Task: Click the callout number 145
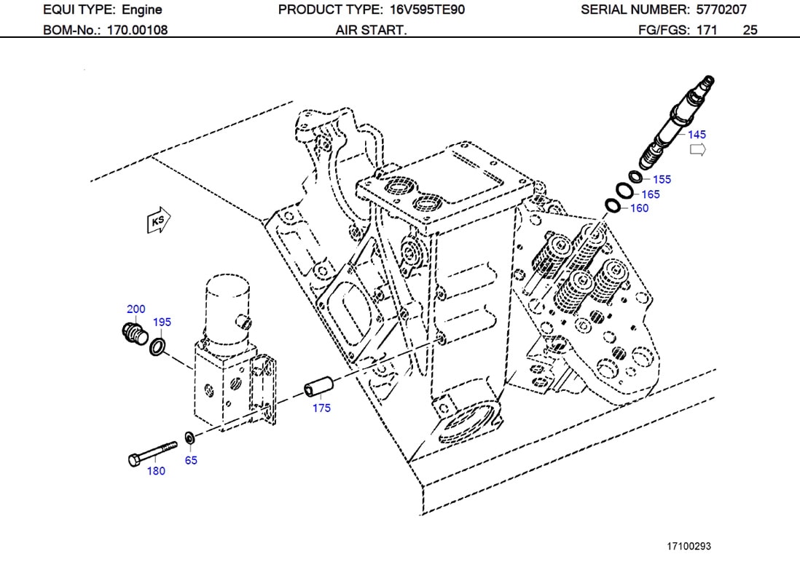(x=697, y=135)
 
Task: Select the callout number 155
(x=662, y=180)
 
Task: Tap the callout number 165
(x=650, y=194)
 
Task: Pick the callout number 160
(x=638, y=208)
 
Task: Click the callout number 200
(x=136, y=309)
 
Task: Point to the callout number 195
(x=162, y=322)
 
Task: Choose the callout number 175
(x=321, y=408)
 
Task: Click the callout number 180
(x=156, y=471)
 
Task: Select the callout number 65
(x=190, y=460)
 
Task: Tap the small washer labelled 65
(x=189, y=438)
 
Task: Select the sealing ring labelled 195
(x=157, y=346)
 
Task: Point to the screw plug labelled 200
(x=131, y=333)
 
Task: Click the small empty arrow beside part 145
(x=697, y=150)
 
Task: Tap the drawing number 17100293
(x=689, y=545)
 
